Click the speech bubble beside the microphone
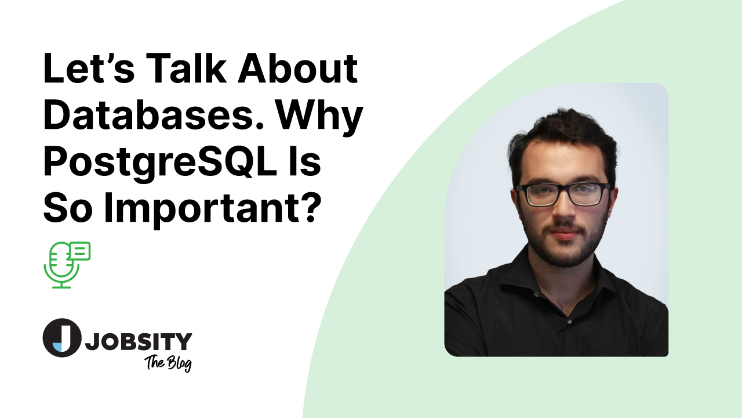pyautogui.click(x=79, y=251)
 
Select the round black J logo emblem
pyautogui.click(x=61, y=337)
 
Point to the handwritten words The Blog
pyautogui.click(x=168, y=363)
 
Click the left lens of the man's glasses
pyautogui.click(x=536, y=195)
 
